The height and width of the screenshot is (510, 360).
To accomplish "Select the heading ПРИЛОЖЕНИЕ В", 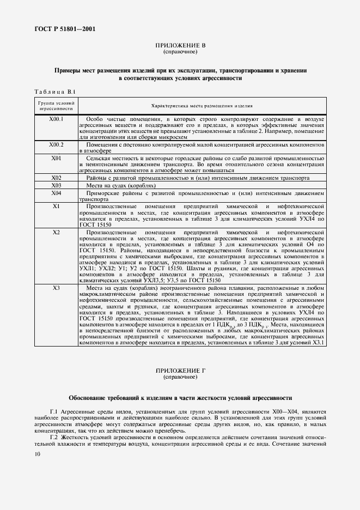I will (x=180, y=46).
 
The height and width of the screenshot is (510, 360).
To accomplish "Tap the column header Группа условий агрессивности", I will (x=56, y=106).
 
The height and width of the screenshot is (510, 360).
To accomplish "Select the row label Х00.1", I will (x=56, y=119).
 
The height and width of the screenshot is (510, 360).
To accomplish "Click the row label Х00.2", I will (x=56, y=145).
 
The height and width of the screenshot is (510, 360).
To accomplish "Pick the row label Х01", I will (x=56, y=158).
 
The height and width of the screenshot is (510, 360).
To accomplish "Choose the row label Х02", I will (x=56, y=178).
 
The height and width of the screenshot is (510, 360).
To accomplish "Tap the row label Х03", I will (x=56, y=185).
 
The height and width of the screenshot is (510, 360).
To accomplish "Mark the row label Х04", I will (x=56, y=193).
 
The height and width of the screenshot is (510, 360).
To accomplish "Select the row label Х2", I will (x=56, y=232).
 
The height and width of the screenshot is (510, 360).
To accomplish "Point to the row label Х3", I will (x=56, y=288).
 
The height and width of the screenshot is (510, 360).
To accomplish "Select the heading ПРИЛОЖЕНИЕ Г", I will (x=180, y=371).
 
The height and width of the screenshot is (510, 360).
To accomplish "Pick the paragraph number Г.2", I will (x=54, y=438).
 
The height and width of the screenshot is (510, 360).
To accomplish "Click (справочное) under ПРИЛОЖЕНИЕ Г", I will (x=180, y=377).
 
